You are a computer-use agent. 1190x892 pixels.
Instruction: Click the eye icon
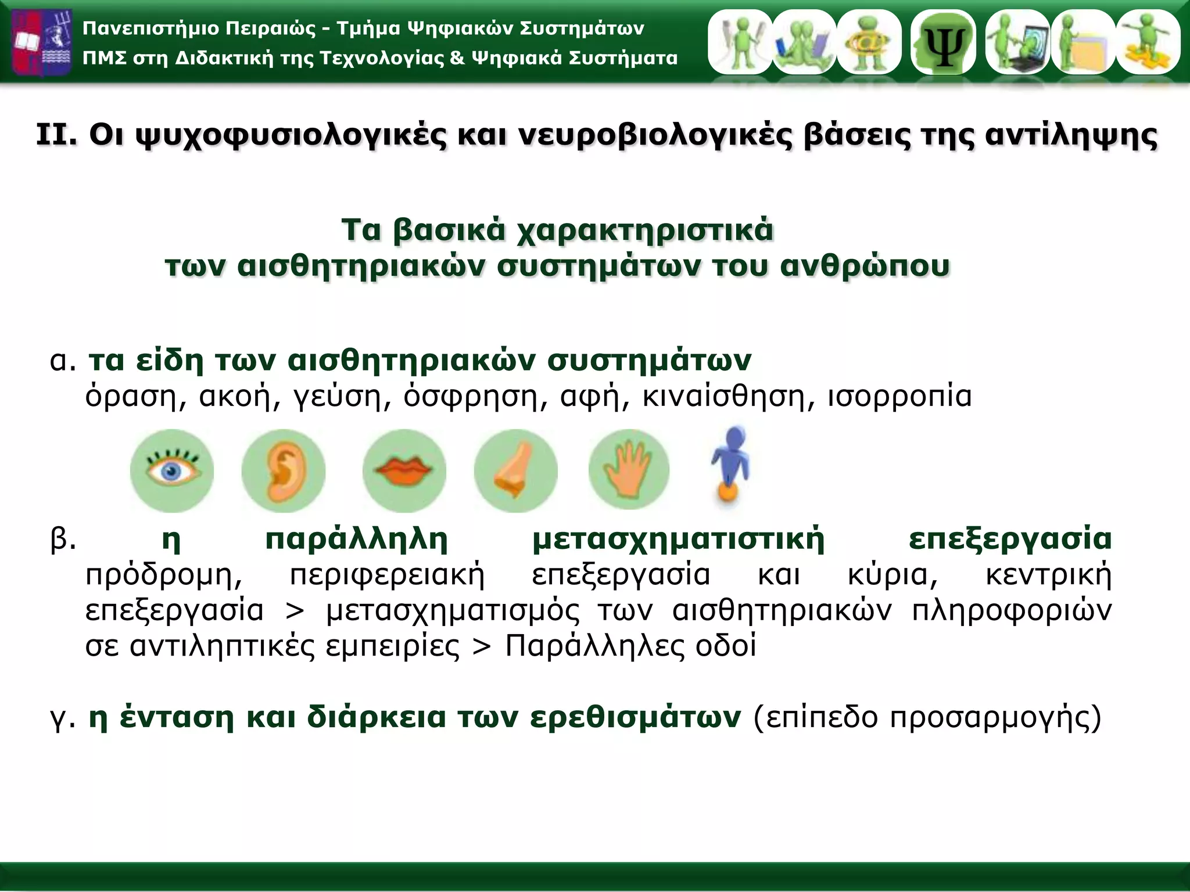tap(171, 470)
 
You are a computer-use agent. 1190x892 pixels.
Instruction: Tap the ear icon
tap(284, 471)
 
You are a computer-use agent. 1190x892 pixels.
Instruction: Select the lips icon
tap(404, 470)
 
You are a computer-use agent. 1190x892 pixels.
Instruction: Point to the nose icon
tap(515, 471)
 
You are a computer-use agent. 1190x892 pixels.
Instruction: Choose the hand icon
tap(629, 469)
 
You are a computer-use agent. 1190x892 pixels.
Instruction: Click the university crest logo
tap(42, 42)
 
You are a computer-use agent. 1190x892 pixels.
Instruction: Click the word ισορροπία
tap(899, 397)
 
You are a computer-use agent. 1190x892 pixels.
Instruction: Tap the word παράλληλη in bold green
tap(356, 539)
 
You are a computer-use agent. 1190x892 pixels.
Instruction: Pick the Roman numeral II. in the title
tap(56, 135)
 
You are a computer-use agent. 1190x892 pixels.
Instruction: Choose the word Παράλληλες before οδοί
tap(595, 646)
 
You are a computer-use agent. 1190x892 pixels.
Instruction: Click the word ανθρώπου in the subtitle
tap(865, 267)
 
